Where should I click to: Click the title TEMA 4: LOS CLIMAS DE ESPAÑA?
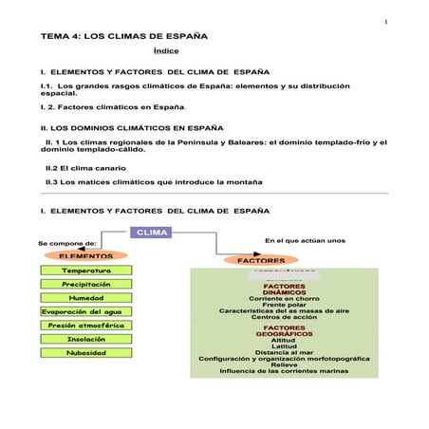(124, 35)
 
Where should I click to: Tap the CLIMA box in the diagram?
(152, 233)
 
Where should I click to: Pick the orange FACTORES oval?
(261, 260)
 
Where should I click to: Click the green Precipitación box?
(86, 284)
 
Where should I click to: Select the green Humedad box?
(86, 297)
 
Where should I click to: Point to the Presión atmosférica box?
(86, 325)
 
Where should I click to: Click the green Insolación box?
(86, 338)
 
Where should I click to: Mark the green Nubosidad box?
(86, 352)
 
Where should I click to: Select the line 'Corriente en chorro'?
(284, 298)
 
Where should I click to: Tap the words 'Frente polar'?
(284, 305)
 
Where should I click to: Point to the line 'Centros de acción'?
(284, 317)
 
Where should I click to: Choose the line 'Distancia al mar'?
(284, 352)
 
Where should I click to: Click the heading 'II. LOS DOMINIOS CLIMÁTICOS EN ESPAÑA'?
(131, 125)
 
